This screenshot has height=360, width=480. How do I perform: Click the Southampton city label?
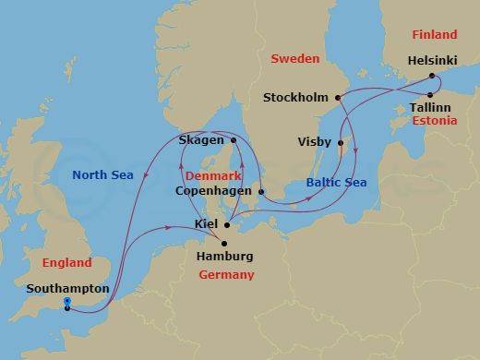click(x=68, y=289)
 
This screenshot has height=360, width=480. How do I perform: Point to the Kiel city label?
click(x=208, y=224)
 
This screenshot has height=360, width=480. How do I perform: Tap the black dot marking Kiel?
click(x=227, y=224)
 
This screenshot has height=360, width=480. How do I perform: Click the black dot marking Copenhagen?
click(x=260, y=192)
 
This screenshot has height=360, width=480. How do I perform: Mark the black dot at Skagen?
click(x=234, y=140)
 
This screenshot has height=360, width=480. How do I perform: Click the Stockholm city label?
click(x=295, y=96)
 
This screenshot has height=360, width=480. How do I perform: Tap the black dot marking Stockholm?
click(x=338, y=96)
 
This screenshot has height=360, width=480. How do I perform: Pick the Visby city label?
click(x=315, y=142)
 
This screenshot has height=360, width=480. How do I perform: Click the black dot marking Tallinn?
click(x=431, y=94)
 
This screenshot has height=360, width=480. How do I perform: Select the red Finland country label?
click(x=433, y=35)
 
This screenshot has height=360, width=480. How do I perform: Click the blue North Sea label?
click(x=102, y=174)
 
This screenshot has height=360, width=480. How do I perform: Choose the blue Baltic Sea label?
click(x=336, y=183)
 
